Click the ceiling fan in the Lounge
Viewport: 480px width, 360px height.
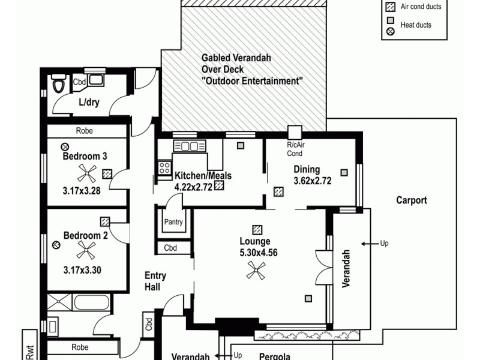(x=257, y=272)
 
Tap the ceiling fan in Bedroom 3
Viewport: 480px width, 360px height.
(x=88, y=175)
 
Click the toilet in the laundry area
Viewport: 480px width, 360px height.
(x=58, y=85)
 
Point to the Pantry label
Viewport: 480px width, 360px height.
(x=173, y=222)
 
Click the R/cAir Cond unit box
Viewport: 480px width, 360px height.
(x=294, y=133)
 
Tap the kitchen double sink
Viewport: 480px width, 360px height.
(x=190, y=146)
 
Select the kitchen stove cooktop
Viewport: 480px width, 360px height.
(x=164, y=168)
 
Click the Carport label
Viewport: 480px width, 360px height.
(x=412, y=200)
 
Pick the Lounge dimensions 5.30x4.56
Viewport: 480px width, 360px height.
(x=259, y=253)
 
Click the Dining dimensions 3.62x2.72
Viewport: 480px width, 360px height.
(x=312, y=181)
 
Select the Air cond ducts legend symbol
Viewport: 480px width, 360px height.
(x=391, y=7)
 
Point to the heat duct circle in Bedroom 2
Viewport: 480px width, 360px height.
(x=56, y=244)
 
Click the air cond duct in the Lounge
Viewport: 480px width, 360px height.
(x=257, y=229)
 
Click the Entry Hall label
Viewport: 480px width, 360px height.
(x=155, y=282)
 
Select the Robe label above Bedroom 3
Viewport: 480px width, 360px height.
(x=84, y=131)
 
